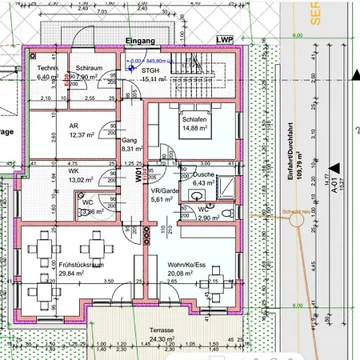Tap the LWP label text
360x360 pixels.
point(224,39)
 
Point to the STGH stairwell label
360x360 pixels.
point(151,70)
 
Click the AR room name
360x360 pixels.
point(74,126)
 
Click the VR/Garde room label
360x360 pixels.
point(163,192)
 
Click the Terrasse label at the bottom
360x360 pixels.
point(162,329)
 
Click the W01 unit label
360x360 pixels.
point(138,174)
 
